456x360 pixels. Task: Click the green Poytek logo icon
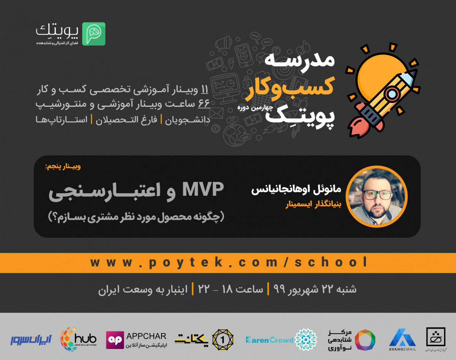93,34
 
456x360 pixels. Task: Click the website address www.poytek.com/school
229,262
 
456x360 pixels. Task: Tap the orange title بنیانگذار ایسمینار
313,205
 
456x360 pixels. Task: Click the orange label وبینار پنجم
63,167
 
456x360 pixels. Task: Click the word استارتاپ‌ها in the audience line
61,120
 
